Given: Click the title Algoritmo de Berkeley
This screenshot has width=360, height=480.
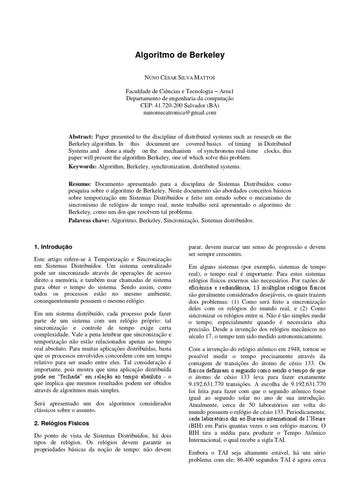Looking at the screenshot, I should [180, 55].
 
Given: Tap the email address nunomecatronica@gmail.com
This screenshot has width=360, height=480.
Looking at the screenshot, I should [180, 112].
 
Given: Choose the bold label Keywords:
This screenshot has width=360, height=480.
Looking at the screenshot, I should [83, 166].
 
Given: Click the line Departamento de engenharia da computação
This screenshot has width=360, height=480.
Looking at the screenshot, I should [180, 98].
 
